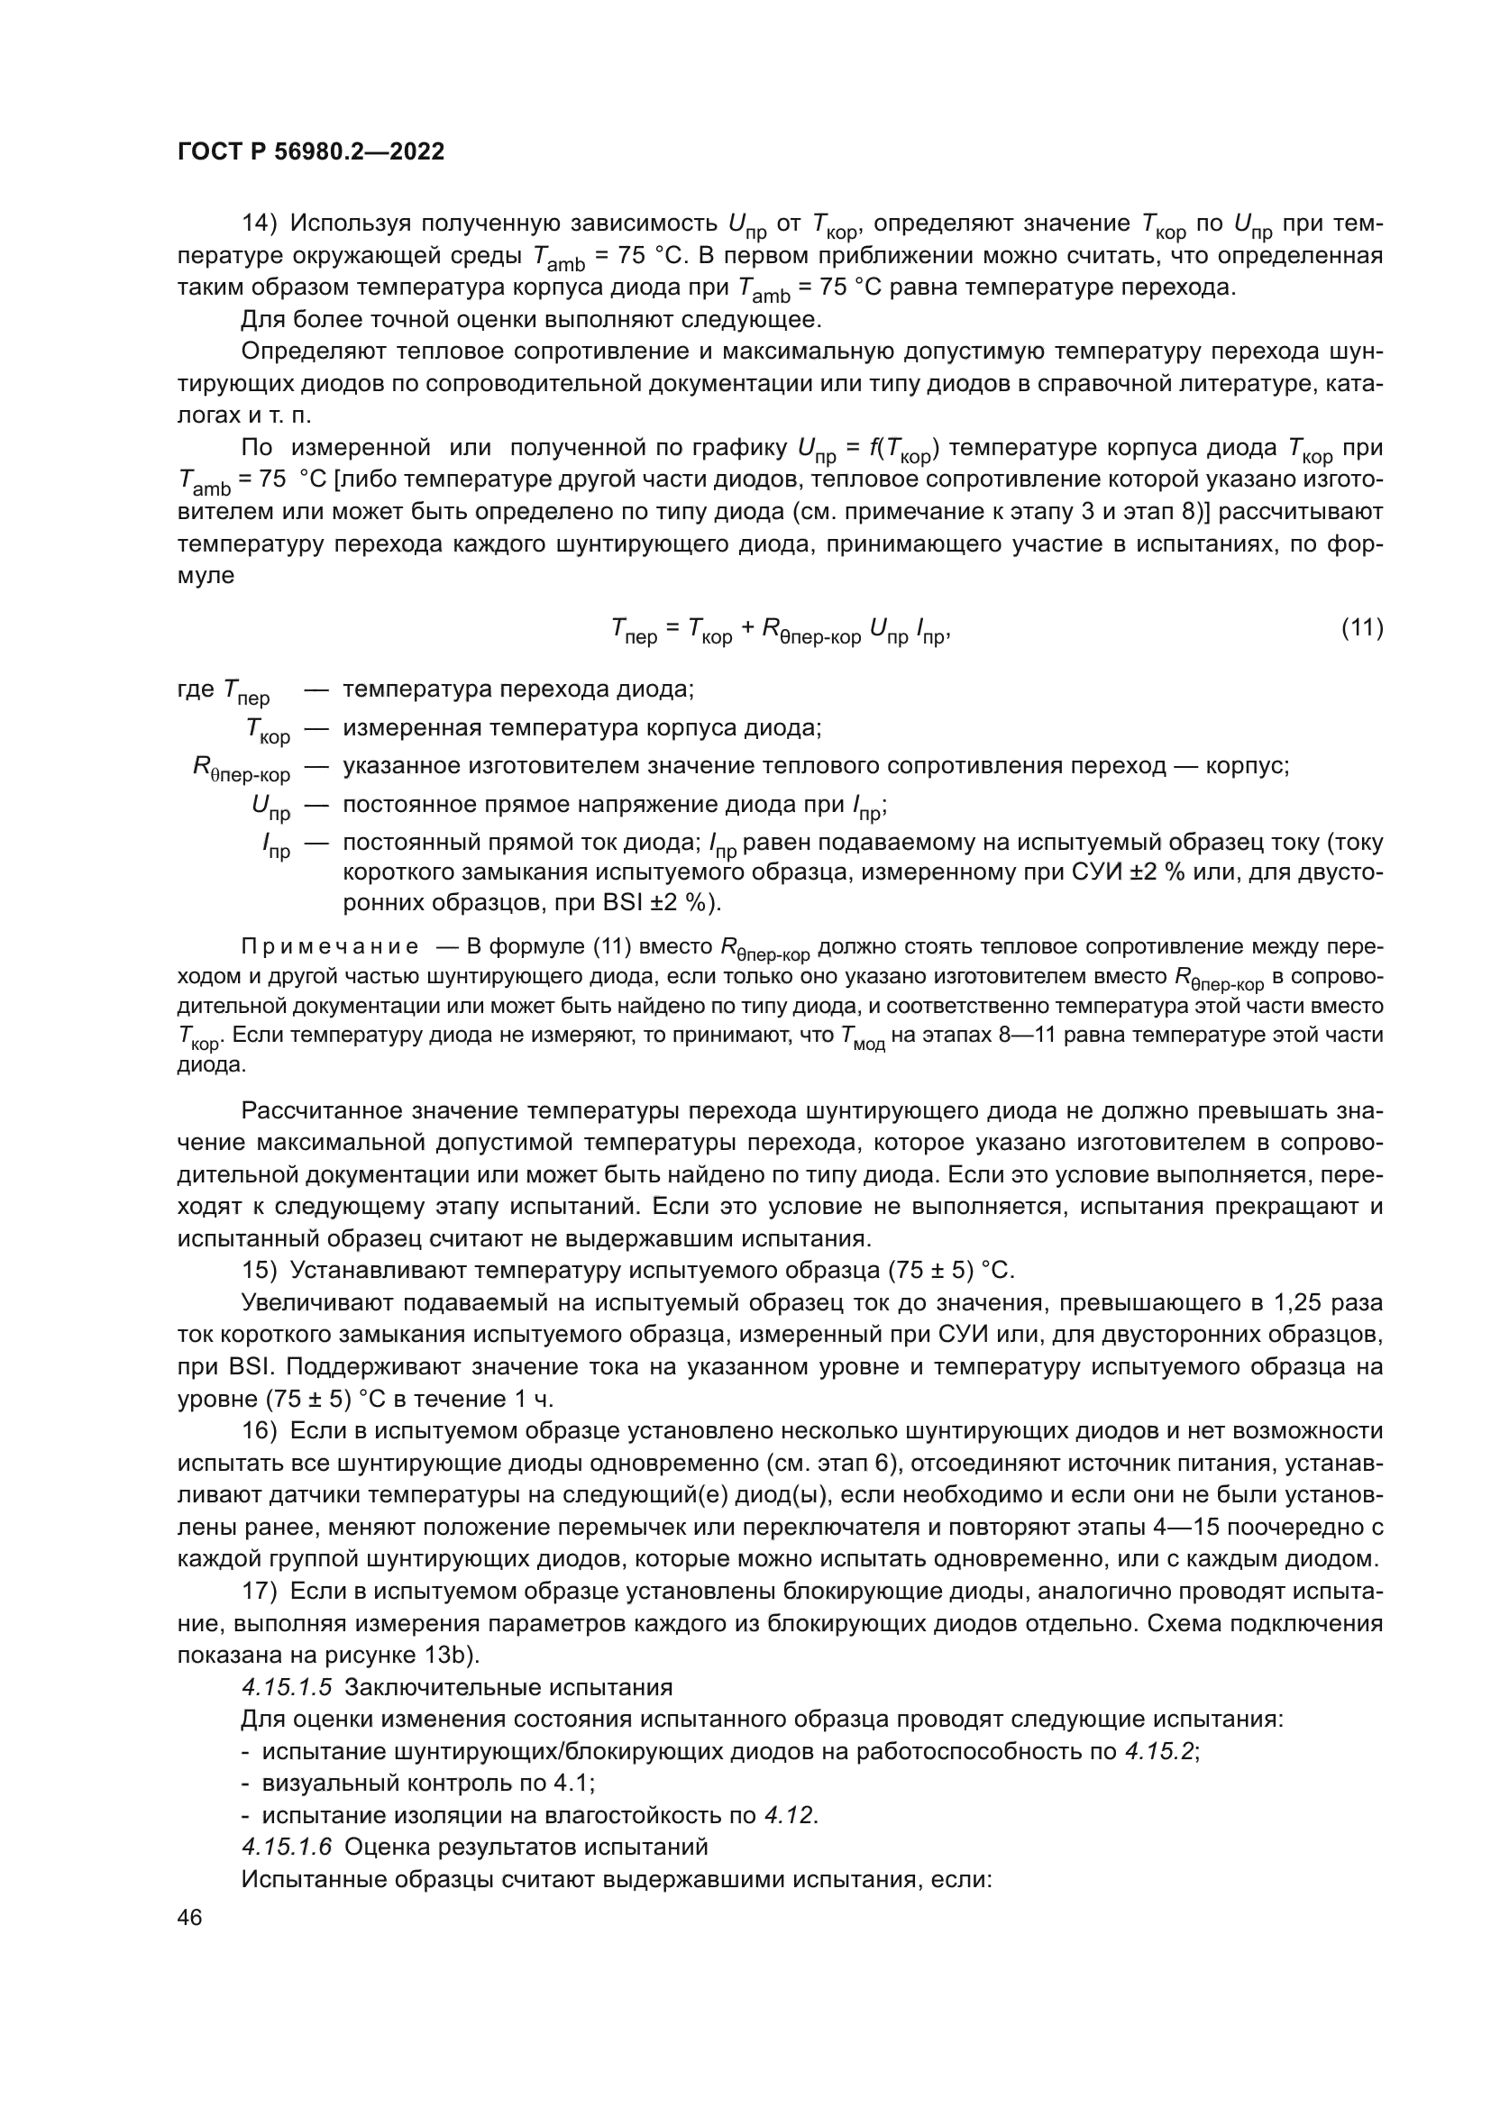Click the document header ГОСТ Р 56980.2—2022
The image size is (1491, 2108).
point(310,151)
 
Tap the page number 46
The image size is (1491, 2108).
point(190,1917)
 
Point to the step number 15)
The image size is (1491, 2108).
point(259,1270)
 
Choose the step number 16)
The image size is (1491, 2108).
point(259,1430)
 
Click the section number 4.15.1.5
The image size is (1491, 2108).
point(286,1686)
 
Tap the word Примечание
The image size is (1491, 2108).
point(330,946)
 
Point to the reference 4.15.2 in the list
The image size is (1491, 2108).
point(1159,1751)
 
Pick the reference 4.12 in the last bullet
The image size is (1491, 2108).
point(789,1815)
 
